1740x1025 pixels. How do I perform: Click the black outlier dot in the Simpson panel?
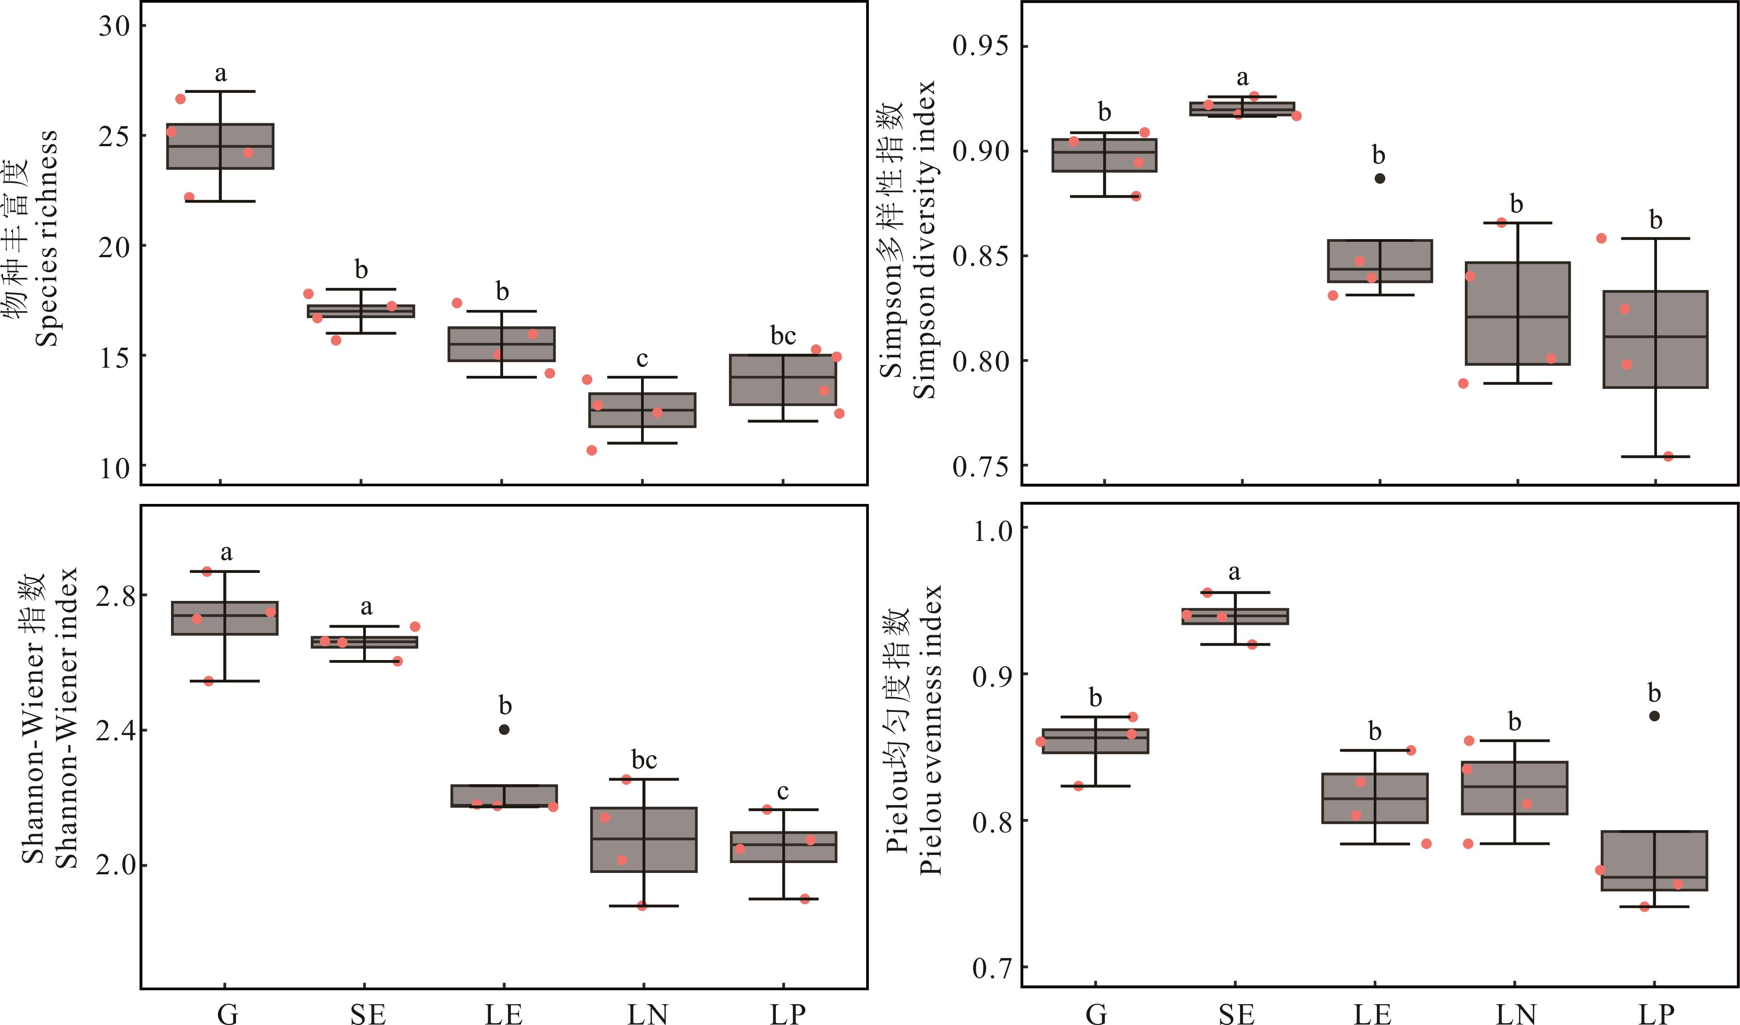1380,178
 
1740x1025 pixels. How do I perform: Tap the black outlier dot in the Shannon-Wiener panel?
504,730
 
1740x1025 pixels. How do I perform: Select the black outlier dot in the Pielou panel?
1654,716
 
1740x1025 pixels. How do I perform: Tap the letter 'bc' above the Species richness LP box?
783,337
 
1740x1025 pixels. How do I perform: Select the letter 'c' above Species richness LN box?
642,359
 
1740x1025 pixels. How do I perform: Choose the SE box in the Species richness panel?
360,311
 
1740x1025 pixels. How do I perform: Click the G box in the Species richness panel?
220,147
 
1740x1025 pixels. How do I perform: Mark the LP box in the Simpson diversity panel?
1655,339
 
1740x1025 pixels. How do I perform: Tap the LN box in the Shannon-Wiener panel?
643,839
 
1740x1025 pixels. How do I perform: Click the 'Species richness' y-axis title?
47,238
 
